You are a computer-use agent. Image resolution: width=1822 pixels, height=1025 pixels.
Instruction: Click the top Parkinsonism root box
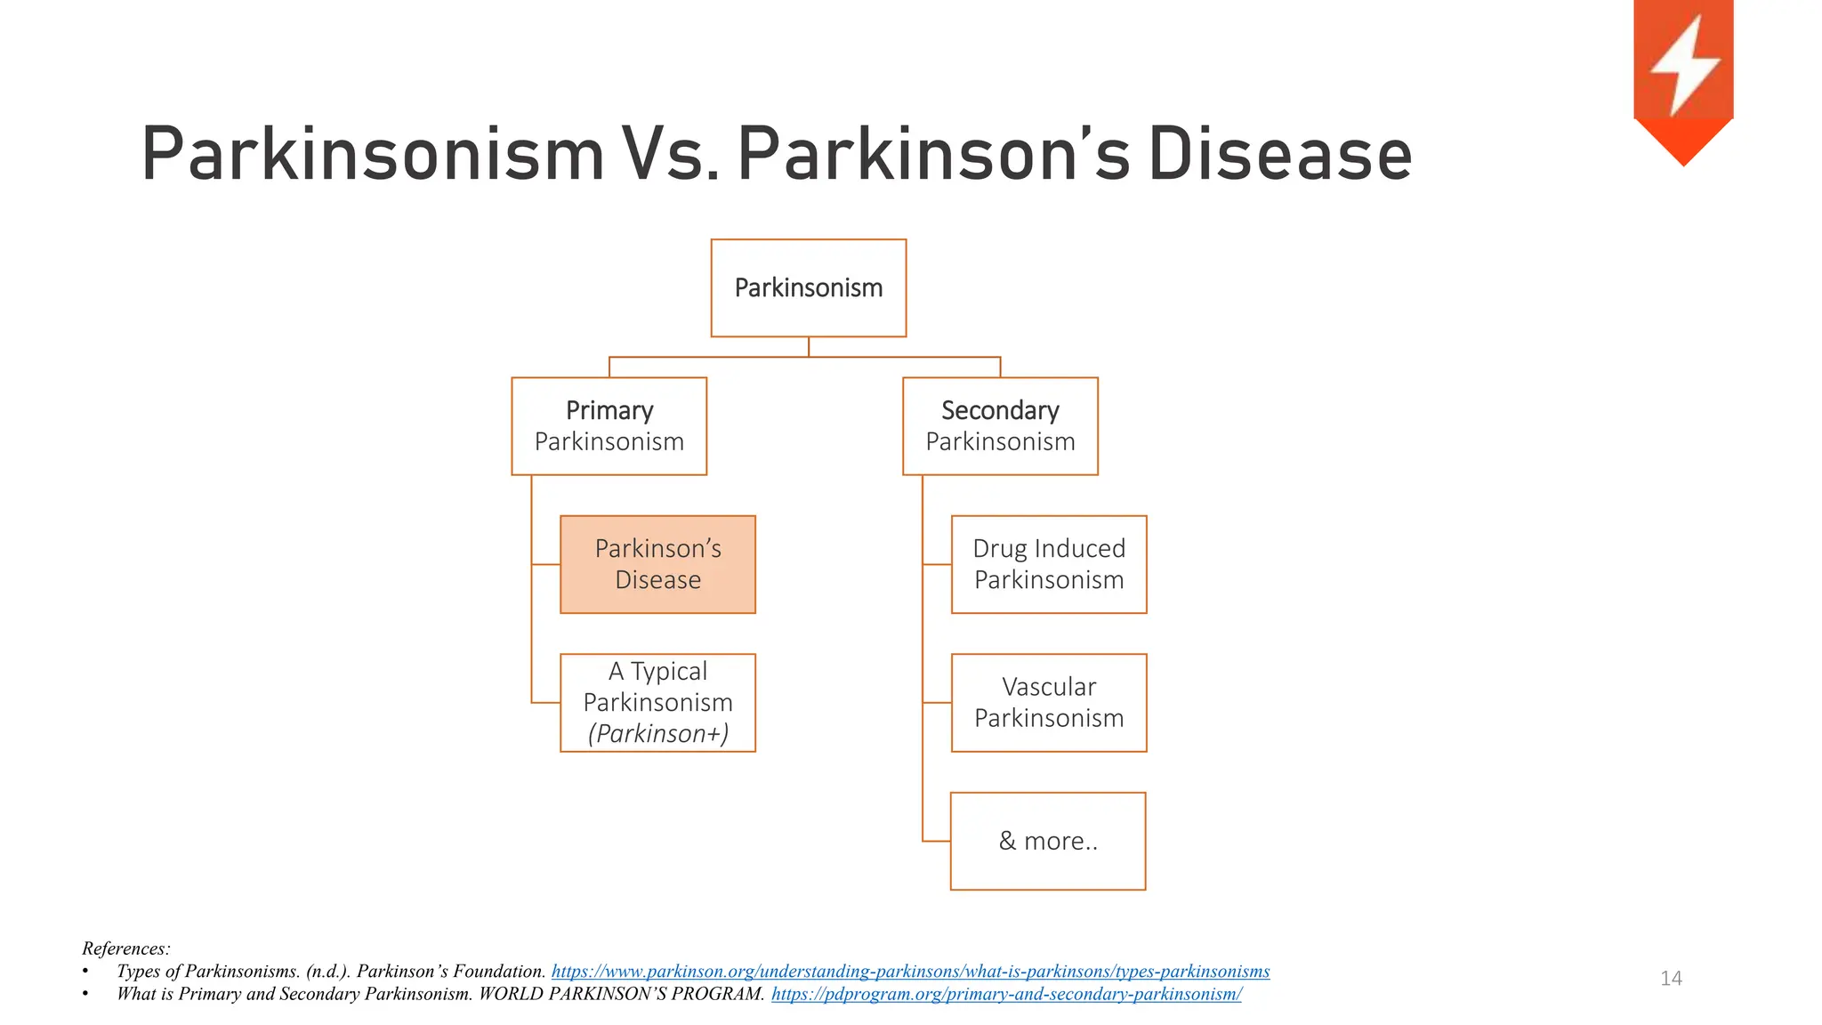click(x=808, y=288)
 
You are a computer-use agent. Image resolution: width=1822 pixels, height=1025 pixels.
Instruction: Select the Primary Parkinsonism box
click(x=609, y=426)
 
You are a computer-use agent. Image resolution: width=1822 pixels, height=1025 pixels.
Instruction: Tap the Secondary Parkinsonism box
click(x=1000, y=426)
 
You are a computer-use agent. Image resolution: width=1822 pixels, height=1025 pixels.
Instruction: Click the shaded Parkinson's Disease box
click(x=657, y=564)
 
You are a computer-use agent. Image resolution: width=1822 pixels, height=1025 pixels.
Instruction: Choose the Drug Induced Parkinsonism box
click(x=1049, y=564)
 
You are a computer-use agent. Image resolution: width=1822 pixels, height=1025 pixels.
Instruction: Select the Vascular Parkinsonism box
click(x=1049, y=703)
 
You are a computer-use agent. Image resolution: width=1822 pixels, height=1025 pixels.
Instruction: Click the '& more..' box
click(x=1048, y=841)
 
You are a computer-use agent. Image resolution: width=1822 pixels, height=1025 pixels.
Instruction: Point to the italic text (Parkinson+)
click(x=657, y=734)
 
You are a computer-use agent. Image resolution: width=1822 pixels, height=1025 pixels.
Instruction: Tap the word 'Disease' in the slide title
click(x=1279, y=155)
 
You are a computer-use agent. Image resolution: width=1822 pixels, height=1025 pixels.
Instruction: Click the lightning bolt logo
click(x=1683, y=67)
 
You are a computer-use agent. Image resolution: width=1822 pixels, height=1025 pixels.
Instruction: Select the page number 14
click(x=1671, y=979)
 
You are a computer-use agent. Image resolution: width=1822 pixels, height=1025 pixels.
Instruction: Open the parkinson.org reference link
click(x=910, y=972)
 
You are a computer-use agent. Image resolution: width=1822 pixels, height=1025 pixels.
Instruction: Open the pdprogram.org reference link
click(x=1006, y=994)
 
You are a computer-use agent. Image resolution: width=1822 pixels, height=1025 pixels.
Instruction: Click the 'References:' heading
click(x=125, y=948)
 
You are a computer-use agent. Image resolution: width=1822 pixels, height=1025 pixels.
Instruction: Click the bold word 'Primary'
click(x=609, y=410)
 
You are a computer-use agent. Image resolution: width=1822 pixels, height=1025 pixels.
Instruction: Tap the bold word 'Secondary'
click(x=1000, y=410)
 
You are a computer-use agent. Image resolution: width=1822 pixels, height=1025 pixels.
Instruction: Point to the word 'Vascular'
click(x=1048, y=687)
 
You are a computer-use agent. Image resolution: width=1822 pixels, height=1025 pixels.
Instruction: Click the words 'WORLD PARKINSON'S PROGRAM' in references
click(x=621, y=994)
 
